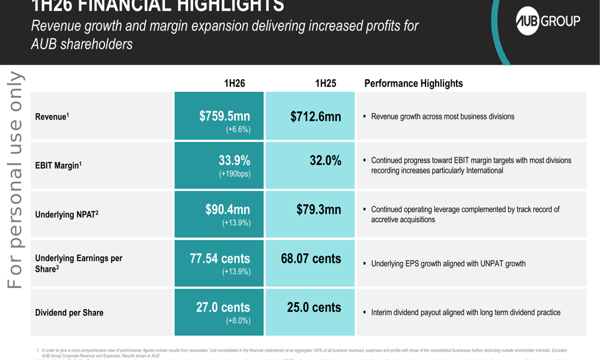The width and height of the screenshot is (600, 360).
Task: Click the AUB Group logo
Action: click(548, 22)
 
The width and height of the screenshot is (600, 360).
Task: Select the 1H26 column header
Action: click(234, 83)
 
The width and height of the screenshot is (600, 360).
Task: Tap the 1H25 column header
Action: click(325, 83)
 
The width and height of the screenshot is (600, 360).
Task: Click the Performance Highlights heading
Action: click(413, 83)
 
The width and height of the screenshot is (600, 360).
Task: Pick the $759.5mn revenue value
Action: click(224, 116)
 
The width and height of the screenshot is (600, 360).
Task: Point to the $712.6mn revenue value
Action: click(316, 116)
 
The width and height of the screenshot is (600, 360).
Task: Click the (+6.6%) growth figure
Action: click(238, 130)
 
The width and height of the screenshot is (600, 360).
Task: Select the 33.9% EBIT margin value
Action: click(234, 160)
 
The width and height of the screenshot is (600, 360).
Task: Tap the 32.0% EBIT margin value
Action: click(325, 160)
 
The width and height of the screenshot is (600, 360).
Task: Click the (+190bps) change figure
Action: click(235, 174)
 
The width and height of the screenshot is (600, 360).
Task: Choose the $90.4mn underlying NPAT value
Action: click(227, 209)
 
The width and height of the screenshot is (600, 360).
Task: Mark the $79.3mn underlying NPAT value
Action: click(319, 209)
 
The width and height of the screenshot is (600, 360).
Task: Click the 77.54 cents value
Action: click(220, 259)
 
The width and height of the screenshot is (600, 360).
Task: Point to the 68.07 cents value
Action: click(311, 259)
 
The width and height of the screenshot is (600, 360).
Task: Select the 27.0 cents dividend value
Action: click(223, 307)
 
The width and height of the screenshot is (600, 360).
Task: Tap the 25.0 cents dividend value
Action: click(314, 307)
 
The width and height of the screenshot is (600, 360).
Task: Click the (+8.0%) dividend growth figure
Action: click(238, 321)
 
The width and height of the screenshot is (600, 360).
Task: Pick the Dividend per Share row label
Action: click(69, 313)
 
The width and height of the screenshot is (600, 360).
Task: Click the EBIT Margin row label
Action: click(57, 166)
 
